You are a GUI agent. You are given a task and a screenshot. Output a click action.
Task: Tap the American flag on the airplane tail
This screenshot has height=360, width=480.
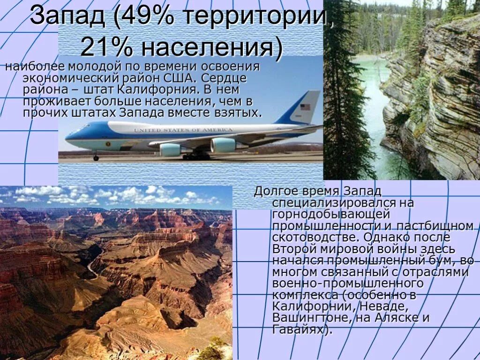(305, 107)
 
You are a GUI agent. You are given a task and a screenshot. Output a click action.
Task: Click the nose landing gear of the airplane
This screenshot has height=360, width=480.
(96, 157)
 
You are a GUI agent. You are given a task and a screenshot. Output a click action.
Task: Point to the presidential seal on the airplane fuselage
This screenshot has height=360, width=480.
(107, 143)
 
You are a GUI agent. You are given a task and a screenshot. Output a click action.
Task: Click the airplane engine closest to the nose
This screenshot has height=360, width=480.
(170, 150)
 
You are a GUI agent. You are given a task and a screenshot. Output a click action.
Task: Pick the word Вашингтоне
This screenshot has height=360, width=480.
(304, 318)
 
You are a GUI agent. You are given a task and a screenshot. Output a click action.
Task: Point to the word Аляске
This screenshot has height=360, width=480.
(398, 318)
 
